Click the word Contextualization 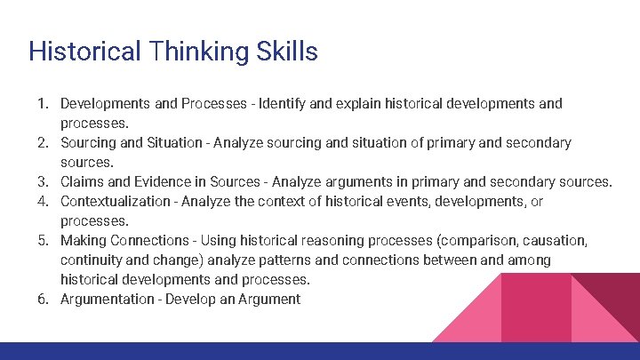pyautogui.click(x=116, y=201)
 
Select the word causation pyautogui.click(x=556, y=240)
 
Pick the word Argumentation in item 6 pyautogui.click(x=108, y=299)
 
